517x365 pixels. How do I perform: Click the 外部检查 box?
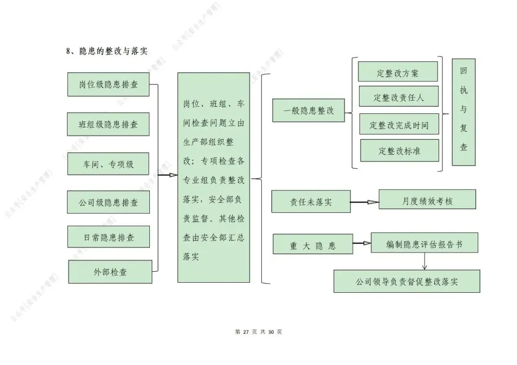click(x=110, y=272)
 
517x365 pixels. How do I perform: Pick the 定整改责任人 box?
click(x=399, y=97)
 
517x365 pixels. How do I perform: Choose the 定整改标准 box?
click(x=399, y=151)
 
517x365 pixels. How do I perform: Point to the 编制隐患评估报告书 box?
click(x=425, y=243)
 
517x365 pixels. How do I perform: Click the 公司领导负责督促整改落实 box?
click(x=406, y=281)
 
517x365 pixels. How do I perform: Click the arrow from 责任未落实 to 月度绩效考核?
click(x=364, y=202)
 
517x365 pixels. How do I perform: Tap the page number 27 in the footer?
click(x=247, y=332)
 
